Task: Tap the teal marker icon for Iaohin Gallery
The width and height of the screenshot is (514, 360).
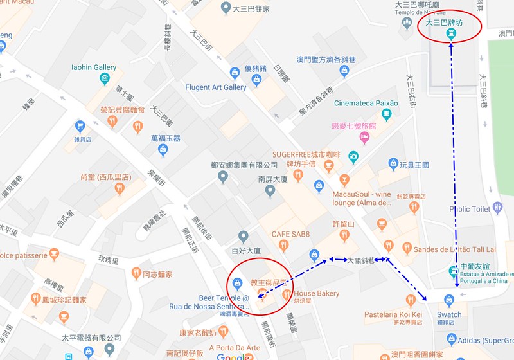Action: point(105,79)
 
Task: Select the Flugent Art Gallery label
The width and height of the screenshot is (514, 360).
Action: point(215,87)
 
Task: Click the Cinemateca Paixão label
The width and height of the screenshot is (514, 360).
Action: point(366,103)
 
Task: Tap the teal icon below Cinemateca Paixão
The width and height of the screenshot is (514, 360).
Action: point(387,114)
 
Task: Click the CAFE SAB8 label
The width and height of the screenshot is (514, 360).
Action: point(290,234)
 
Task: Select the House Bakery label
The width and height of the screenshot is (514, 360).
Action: point(317,294)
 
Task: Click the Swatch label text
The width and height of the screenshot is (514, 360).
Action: point(449,314)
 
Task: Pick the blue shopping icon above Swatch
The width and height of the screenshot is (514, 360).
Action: point(449,300)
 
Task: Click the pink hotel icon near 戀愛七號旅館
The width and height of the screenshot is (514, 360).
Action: point(365,138)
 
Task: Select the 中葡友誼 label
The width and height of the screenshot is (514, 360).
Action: point(474,266)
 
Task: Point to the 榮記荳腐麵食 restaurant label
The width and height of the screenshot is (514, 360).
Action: point(123,110)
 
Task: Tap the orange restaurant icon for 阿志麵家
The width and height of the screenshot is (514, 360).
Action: point(136,274)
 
